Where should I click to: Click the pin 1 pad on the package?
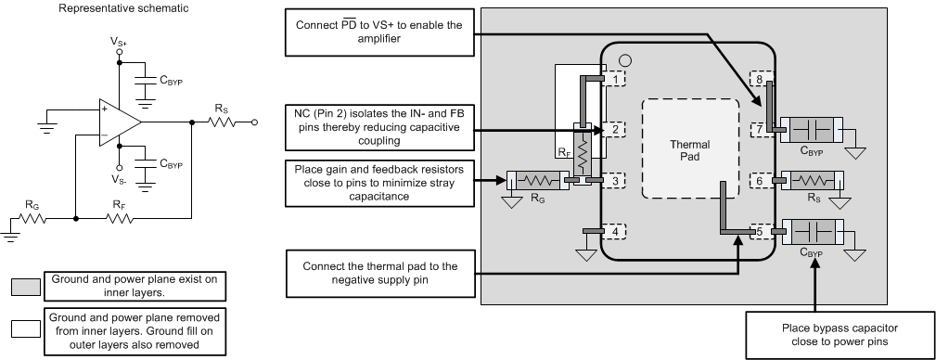[614, 78]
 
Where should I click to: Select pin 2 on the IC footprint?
[614, 129]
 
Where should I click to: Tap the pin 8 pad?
[761, 78]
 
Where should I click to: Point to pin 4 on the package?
[614, 230]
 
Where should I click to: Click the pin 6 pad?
[761, 180]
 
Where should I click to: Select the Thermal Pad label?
[689, 150]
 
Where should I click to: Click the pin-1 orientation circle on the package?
[625, 59]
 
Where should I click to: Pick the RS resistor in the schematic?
[222, 122]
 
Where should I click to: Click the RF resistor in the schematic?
[120, 219]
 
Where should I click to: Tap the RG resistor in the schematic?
[32, 219]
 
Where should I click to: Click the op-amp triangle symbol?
[120, 122]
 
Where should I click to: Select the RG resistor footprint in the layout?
[535, 180]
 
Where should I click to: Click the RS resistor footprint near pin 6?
[812, 180]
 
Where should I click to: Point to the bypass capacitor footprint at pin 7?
[812, 129]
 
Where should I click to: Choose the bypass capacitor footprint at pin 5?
[812, 231]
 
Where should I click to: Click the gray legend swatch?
[26, 287]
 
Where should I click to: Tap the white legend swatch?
[26, 330]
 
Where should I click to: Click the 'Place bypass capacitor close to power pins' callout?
[840, 335]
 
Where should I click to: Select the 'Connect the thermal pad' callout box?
[380, 273]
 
